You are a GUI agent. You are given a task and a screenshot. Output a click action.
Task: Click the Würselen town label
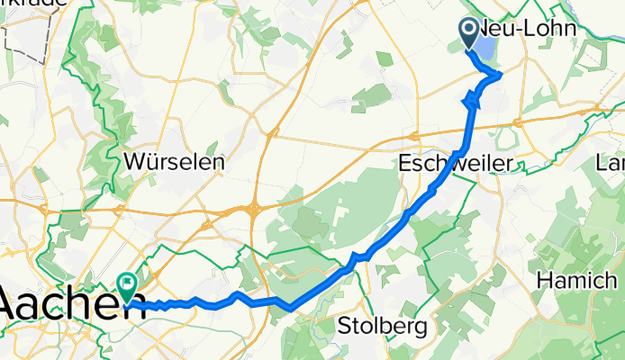(177, 162)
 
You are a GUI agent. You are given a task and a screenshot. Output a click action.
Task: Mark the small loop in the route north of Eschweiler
(471, 101)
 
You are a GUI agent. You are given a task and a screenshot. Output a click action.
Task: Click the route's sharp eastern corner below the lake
(500, 75)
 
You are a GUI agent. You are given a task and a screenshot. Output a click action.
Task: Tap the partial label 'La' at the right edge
(613, 163)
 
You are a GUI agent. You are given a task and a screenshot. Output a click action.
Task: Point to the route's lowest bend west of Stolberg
(290, 310)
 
